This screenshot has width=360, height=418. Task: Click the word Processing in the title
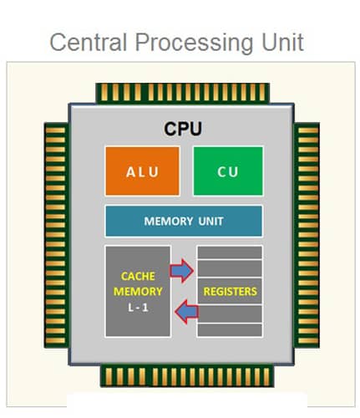[x=185, y=42]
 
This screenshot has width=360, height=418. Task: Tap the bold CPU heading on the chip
[x=183, y=130]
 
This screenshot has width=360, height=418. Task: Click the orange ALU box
[x=140, y=171]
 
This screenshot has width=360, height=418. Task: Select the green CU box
[x=228, y=171]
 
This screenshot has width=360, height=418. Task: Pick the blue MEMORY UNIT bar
[x=183, y=222]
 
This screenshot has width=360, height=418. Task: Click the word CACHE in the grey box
[x=138, y=275]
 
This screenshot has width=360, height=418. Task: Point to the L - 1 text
[x=138, y=307]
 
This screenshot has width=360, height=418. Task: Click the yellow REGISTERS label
[x=230, y=292]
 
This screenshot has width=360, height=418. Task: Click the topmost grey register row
[x=230, y=252]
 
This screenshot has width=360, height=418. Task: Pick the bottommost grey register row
[x=230, y=330]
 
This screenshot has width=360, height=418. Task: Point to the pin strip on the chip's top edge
[x=183, y=93]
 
